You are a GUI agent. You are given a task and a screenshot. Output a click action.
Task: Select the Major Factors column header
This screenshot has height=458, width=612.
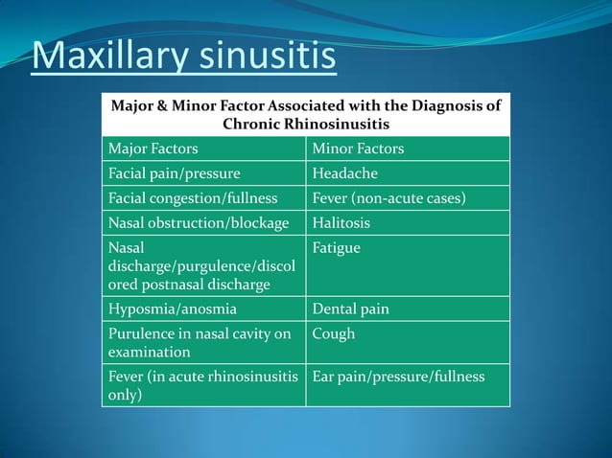(153, 149)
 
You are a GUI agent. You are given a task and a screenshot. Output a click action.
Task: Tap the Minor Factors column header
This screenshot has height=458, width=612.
(358, 149)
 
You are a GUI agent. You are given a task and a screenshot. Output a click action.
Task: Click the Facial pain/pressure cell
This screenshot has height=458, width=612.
(174, 173)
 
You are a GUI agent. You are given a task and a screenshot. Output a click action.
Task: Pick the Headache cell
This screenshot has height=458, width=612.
(345, 173)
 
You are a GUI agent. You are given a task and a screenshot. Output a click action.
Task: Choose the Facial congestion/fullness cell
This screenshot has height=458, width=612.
(193, 198)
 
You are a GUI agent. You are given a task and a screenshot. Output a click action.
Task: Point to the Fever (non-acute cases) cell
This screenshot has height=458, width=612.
(389, 198)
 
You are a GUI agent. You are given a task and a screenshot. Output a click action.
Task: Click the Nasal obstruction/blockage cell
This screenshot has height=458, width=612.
(199, 223)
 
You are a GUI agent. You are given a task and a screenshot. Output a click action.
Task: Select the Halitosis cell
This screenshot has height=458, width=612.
(341, 223)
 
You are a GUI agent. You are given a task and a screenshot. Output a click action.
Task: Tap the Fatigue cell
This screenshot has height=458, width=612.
(337, 248)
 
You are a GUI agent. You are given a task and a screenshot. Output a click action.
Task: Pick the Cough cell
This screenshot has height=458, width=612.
(334, 334)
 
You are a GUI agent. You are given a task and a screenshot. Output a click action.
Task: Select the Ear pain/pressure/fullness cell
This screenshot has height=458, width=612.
(398, 377)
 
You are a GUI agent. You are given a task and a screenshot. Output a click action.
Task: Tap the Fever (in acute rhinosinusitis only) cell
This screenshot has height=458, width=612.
(203, 385)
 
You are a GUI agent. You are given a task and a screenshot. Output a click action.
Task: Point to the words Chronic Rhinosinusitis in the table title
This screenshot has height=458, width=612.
(306, 125)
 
